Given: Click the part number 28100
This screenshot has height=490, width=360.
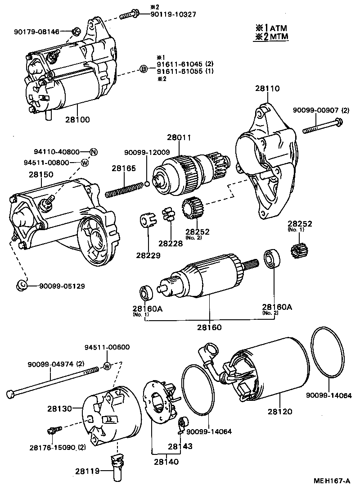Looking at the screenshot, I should pos(77,120).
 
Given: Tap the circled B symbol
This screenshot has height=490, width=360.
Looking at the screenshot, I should pos(143,69).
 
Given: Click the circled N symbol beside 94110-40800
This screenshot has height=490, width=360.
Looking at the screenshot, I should pos(93,152).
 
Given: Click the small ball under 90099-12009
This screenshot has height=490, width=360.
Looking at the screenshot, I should pos(147,184).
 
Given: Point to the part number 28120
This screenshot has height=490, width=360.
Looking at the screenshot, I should pos(280,411).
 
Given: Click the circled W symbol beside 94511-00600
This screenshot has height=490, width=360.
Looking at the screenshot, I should pos(107,365).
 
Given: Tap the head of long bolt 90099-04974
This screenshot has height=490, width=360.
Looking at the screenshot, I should pos(11,394).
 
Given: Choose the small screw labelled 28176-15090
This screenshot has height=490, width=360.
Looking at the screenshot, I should pos(52,431).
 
